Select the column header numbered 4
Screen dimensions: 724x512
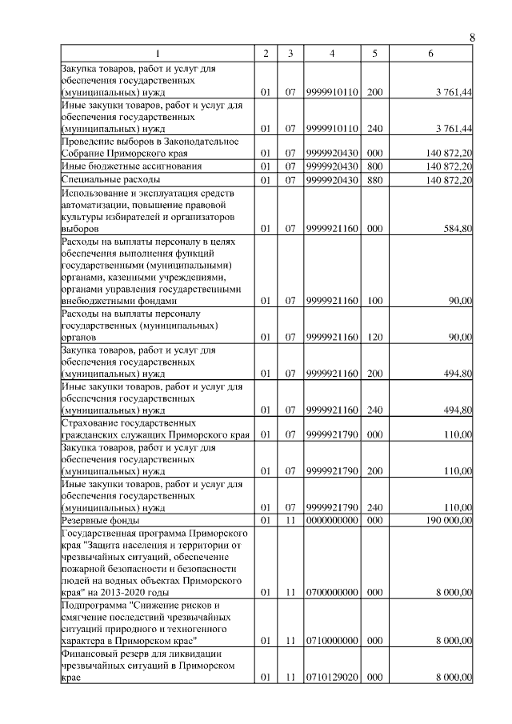332,54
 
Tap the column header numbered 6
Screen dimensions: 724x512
431,54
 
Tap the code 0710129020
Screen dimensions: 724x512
332,678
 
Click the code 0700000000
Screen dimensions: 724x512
332,593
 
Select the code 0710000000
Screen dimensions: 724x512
332,642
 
